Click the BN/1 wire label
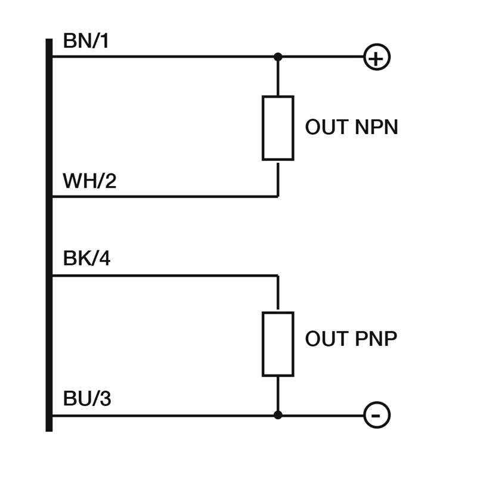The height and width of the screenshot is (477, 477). click(86, 42)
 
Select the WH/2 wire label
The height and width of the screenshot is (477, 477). click(89, 181)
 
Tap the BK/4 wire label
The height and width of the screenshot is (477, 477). click(86, 259)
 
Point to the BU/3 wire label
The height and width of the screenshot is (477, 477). click(87, 399)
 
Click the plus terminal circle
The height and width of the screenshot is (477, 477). click(377, 57)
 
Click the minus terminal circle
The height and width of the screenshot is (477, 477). click(377, 415)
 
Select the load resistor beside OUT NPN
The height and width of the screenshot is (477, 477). click(278, 128)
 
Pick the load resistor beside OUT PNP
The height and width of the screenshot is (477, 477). click(278, 344)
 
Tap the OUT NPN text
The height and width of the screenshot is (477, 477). click(351, 128)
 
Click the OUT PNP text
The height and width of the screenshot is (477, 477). click(351, 339)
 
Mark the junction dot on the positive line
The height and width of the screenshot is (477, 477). click(278, 57)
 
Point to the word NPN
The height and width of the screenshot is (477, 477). click(376, 128)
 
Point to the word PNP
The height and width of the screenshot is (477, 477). click(375, 339)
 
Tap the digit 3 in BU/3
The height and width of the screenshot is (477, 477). click(105, 399)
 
